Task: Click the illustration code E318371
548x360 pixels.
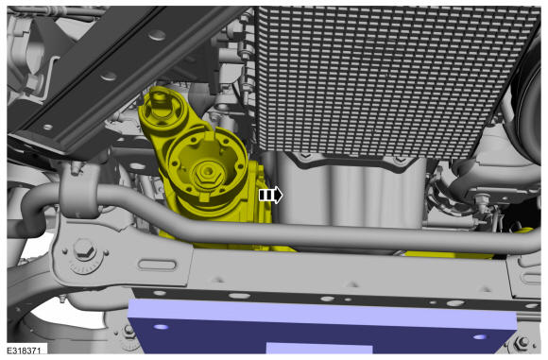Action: [24, 350]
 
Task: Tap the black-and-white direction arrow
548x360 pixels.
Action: [270, 195]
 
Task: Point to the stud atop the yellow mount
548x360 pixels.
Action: [159, 96]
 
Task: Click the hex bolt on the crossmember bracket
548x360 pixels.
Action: [85, 249]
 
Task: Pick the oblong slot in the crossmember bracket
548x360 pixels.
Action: [157, 265]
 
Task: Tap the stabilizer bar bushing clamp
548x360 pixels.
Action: [77, 191]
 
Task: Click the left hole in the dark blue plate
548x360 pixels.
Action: [162, 327]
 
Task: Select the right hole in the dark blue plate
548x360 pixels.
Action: [480, 337]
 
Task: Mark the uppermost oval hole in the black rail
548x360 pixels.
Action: [156, 35]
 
